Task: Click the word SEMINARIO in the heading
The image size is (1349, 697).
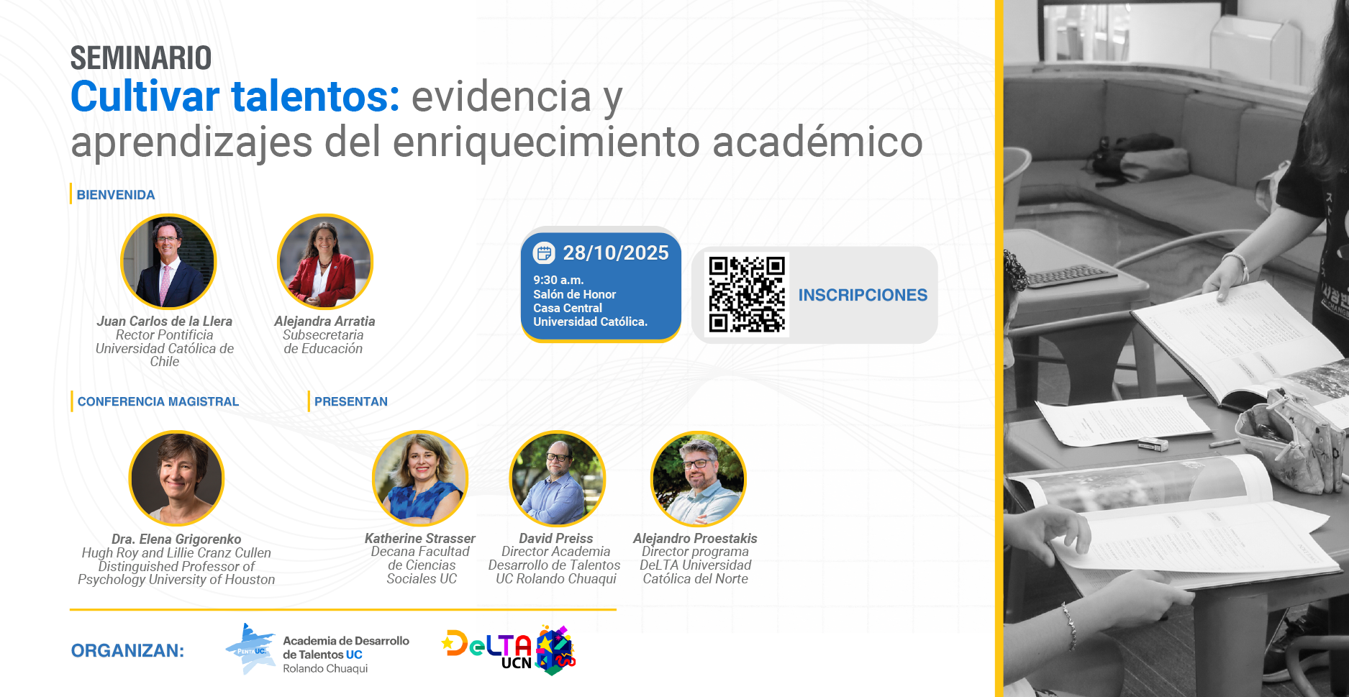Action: coord(141,58)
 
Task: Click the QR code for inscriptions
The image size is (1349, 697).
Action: coord(747,294)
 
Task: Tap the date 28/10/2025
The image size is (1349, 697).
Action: coord(616,252)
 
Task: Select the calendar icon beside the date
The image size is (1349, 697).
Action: coord(544,252)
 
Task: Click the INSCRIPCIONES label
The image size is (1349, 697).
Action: coord(863,295)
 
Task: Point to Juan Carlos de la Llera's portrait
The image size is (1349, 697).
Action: coord(168,262)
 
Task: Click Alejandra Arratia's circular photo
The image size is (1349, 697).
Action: coord(325,262)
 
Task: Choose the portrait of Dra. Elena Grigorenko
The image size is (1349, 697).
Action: coord(176,478)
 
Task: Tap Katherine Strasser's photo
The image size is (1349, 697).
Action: coord(420,478)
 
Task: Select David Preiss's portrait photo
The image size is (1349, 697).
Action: coord(558,478)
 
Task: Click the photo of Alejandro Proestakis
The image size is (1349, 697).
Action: coord(699,478)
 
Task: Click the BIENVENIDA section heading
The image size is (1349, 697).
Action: coord(116,195)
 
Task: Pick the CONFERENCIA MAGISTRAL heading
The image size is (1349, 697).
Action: coord(158,401)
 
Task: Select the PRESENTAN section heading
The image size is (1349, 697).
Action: coord(351,401)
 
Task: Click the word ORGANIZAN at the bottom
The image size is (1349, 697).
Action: coord(127,651)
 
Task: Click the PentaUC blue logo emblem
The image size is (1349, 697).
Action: coord(250,649)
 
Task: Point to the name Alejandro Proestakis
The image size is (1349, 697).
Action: coord(695,538)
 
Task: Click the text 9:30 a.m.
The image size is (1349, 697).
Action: coord(558,280)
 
